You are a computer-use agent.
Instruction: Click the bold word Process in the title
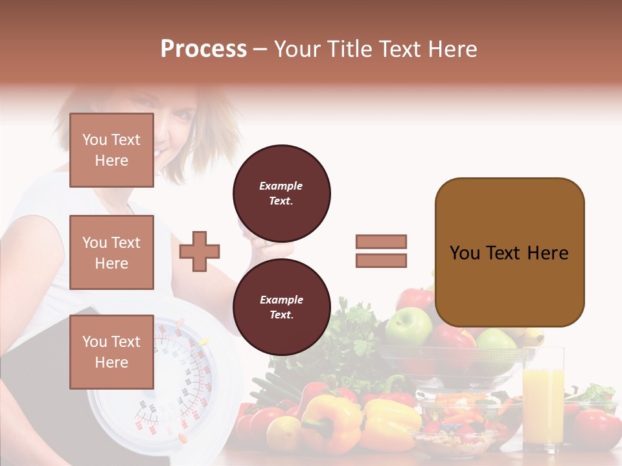coord(203,49)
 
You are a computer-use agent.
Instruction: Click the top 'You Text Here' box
coord(111,150)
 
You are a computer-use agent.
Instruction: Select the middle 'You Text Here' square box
coord(111,252)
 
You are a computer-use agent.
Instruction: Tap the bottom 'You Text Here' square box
coord(111,351)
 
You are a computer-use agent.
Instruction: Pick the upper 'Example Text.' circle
coord(281,193)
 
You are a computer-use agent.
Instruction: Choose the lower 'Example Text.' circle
coord(281,307)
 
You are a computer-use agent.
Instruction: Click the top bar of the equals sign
coord(381,241)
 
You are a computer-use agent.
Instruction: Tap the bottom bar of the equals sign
coord(381,260)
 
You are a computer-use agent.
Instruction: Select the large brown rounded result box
coord(509,252)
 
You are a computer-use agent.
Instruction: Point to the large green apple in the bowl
coord(408,326)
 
